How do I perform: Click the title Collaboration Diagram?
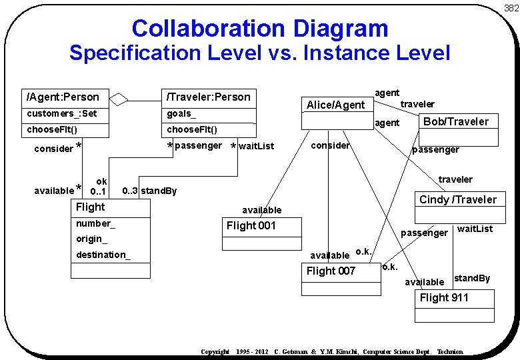[260, 28]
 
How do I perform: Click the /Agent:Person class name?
[63, 97]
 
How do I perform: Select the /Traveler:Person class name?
[209, 97]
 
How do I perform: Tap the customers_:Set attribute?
[62, 113]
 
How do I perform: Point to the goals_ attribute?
[181, 113]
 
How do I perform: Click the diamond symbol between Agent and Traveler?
[119, 99]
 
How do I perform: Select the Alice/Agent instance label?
[335, 105]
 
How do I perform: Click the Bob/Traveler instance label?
[456, 121]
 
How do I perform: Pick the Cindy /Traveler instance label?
[458, 199]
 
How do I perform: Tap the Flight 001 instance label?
[251, 225]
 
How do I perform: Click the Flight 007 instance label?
[331, 271]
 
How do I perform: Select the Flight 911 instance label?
[444, 297]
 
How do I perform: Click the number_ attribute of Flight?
[95, 223]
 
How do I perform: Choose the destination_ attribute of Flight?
[103, 255]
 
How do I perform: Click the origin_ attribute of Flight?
[91, 239]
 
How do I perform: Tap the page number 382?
[511, 8]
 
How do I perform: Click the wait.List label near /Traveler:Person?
[256, 146]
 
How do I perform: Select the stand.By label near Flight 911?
[472, 278]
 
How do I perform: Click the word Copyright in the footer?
[215, 351]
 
